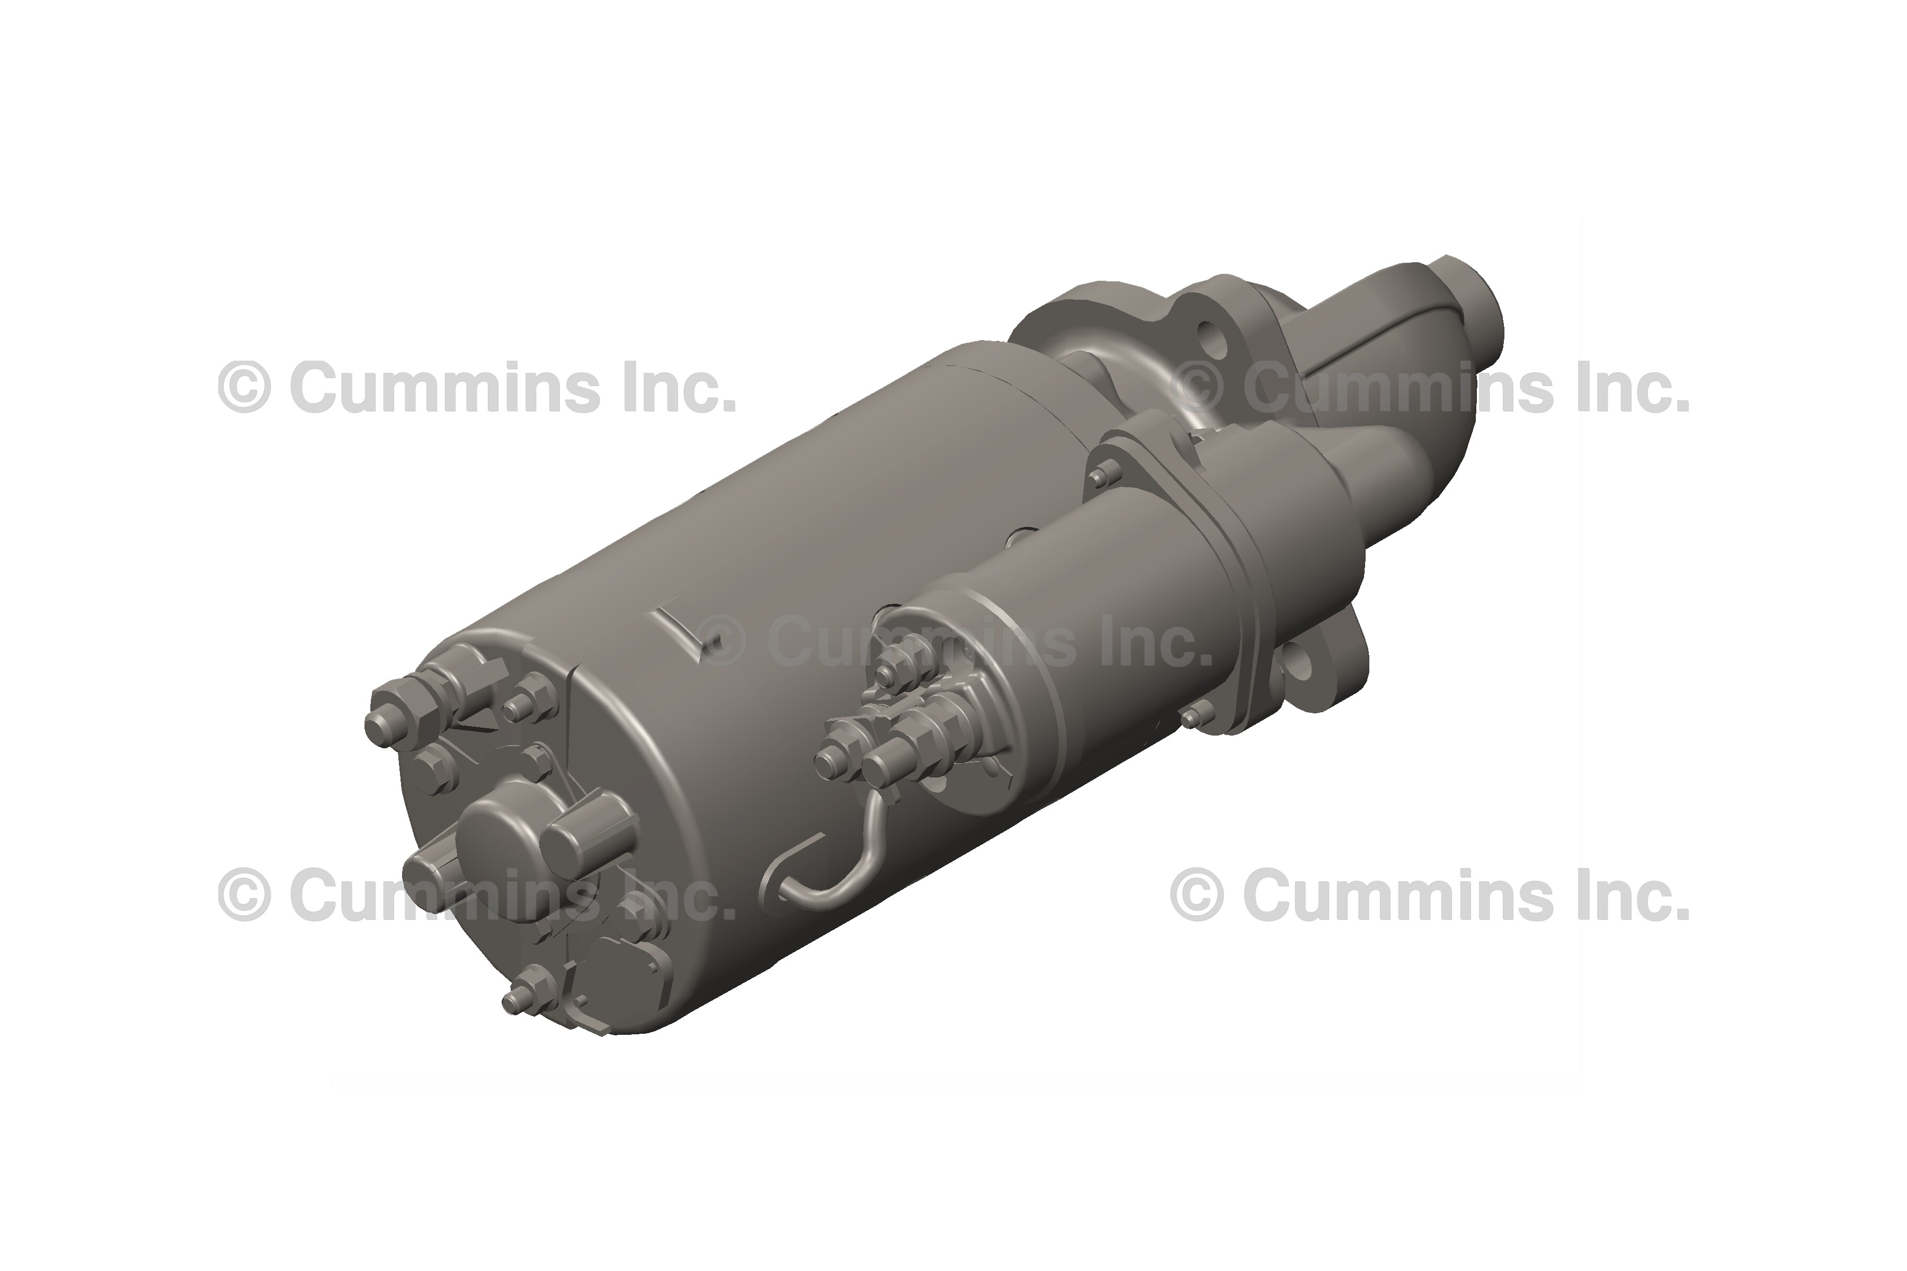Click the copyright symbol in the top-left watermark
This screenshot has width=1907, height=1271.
243,388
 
